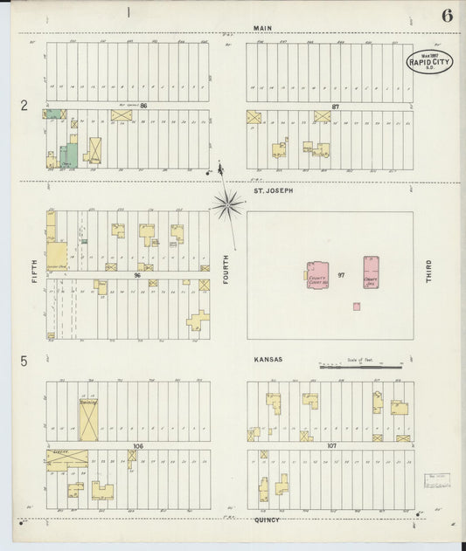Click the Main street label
tap(261, 28)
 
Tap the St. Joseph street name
tap(273, 190)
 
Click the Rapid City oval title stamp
tap(429, 61)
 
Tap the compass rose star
tap(227, 204)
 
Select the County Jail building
tap(372, 272)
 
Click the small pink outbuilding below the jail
tap(357, 306)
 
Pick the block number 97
tap(342, 276)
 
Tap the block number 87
tap(335, 107)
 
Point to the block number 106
tap(137, 445)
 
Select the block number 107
tap(331, 446)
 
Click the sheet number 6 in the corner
tap(447, 15)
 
